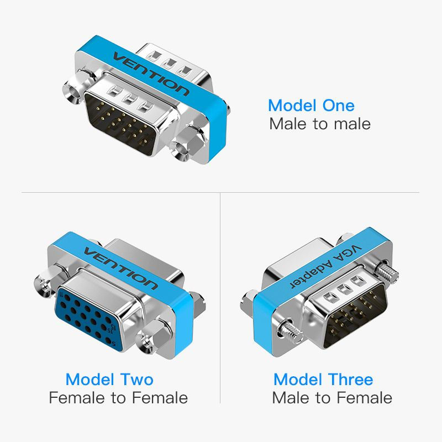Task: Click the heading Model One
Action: (311, 106)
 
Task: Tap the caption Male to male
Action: (320, 124)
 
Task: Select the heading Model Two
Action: (109, 380)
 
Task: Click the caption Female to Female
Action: (118, 398)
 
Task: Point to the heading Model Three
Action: (323, 380)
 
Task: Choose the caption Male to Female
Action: (332, 398)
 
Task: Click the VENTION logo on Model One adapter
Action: (151, 74)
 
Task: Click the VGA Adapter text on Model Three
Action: (325, 266)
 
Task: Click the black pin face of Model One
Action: (121, 124)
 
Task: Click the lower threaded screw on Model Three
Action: (289, 330)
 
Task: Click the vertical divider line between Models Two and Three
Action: (220, 298)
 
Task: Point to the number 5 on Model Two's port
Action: (114, 344)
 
